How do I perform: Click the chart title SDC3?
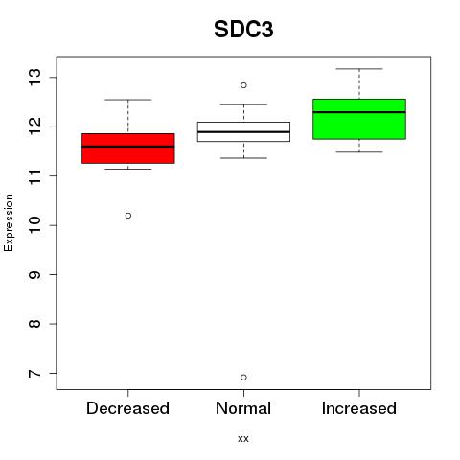pyautogui.click(x=243, y=30)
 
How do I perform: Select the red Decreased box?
pyautogui.click(x=128, y=149)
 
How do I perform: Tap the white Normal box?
pyautogui.click(x=243, y=131)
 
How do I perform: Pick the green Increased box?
pyautogui.click(x=359, y=119)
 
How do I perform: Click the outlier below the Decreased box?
pyautogui.click(x=128, y=216)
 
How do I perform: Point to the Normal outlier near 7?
pyautogui.click(x=243, y=378)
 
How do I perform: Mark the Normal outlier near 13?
pyautogui.click(x=243, y=85)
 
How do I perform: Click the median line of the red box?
pyautogui.click(x=128, y=147)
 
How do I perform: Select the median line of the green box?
pyautogui.click(x=359, y=112)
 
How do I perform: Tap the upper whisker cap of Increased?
pyautogui.click(x=359, y=69)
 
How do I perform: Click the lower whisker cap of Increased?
pyautogui.click(x=359, y=152)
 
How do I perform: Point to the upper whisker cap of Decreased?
pyautogui.click(x=128, y=100)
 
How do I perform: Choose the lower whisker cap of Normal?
pyautogui.click(x=243, y=158)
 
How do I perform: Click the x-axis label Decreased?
pyautogui.click(x=127, y=408)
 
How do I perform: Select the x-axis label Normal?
pyautogui.click(x=243, y=408)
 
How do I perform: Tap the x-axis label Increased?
pyautogui.click(x=359, y=408)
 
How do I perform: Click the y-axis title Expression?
pyautogui.click(x=9, y=222)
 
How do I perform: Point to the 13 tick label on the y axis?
pyautogui.click(x=34, y=77)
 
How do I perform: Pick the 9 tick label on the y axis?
pyautogui.click(x=34, y=275)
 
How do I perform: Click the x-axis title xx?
pyautogui.click(x=243, y=439)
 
